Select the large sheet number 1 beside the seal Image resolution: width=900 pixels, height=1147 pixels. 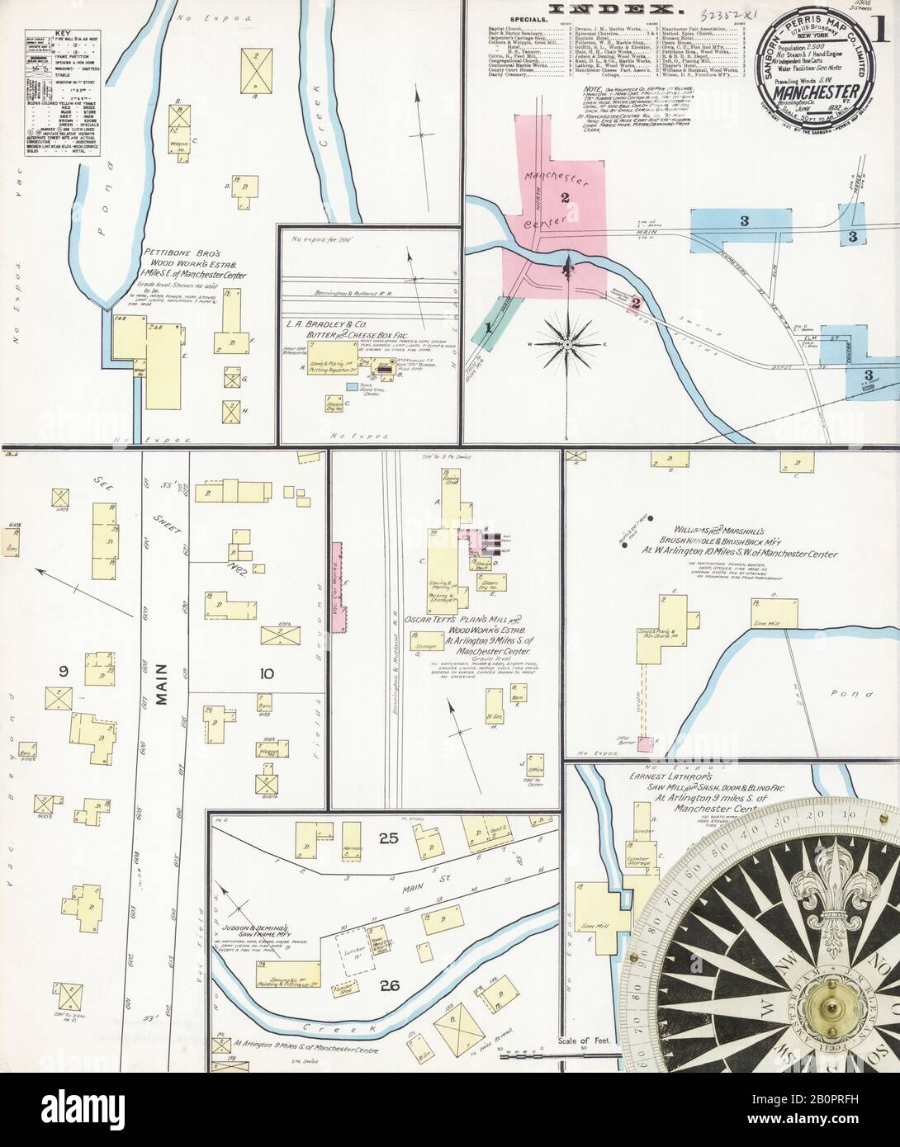[883, 33]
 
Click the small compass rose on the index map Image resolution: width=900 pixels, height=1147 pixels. [568, 342]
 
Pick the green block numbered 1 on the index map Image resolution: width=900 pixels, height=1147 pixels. [488, 327]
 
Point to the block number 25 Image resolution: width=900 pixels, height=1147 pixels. [388, 839]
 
